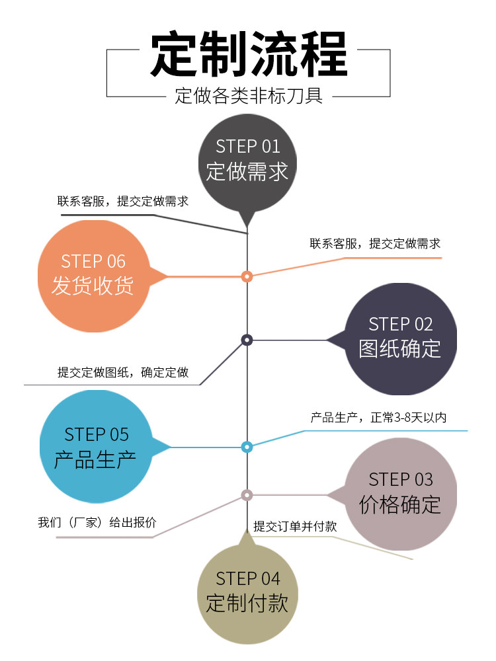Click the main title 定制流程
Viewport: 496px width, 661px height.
248,55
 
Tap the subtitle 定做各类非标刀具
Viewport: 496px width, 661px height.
249,97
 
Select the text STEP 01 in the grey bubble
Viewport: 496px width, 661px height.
248,147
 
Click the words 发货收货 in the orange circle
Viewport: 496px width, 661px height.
93,285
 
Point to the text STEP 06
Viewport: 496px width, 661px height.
93,261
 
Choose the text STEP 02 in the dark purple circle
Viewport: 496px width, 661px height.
401,324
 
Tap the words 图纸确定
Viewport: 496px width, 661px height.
400,348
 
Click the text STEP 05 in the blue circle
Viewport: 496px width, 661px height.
97,434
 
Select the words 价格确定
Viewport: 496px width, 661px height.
400,504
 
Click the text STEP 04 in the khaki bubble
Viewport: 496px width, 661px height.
248,579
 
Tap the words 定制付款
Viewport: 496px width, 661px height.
247,603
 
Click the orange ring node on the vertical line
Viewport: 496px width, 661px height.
247,276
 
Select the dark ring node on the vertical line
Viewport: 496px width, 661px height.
247,340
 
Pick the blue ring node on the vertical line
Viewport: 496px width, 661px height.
247,447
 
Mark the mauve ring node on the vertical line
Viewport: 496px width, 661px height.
247,494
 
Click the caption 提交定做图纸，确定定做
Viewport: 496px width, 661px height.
123,373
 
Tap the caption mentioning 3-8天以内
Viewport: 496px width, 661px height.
379,418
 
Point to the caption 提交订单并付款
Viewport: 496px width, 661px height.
295,527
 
